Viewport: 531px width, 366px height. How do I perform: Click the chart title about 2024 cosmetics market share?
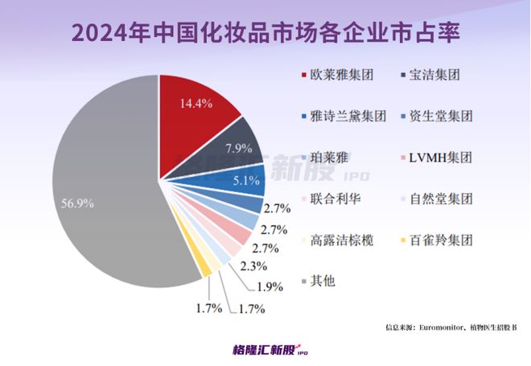[x=265, y=34]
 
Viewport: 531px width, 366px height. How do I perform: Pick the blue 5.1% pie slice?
[x=245, y=178]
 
